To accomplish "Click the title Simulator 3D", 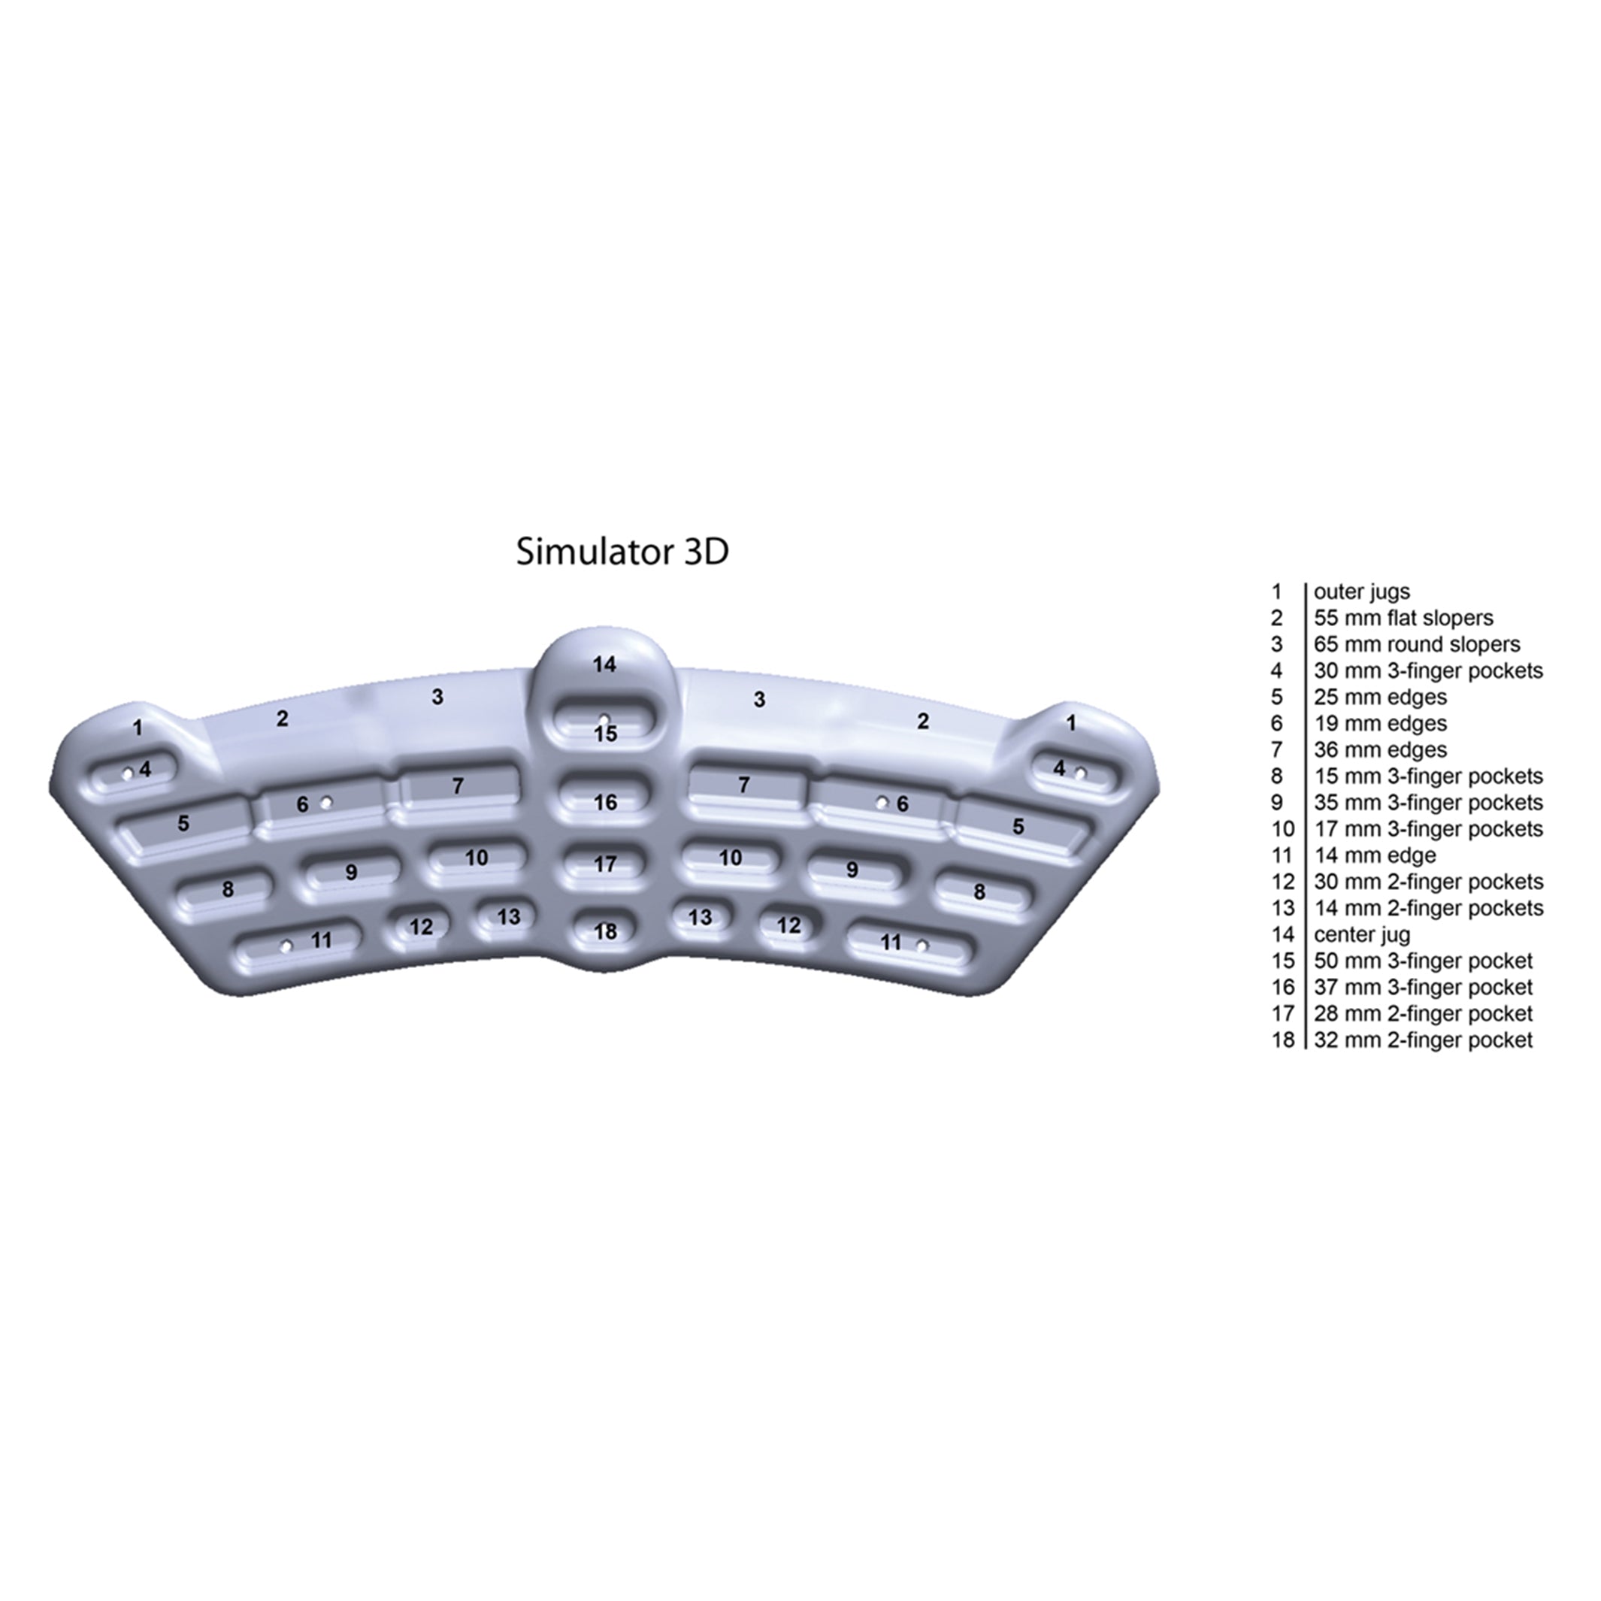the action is coord(622,552).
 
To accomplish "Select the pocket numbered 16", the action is coord(605,800).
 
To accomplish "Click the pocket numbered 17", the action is coord(605,864).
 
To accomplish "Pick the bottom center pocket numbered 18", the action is coord(605,931).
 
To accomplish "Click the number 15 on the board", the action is coord(606,734).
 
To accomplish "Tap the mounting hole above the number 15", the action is coord(605,718).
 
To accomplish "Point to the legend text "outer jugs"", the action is coord(1361,592).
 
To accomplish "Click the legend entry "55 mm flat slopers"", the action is coord(1403,618).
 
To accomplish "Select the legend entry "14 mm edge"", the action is coord(1375,855).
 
